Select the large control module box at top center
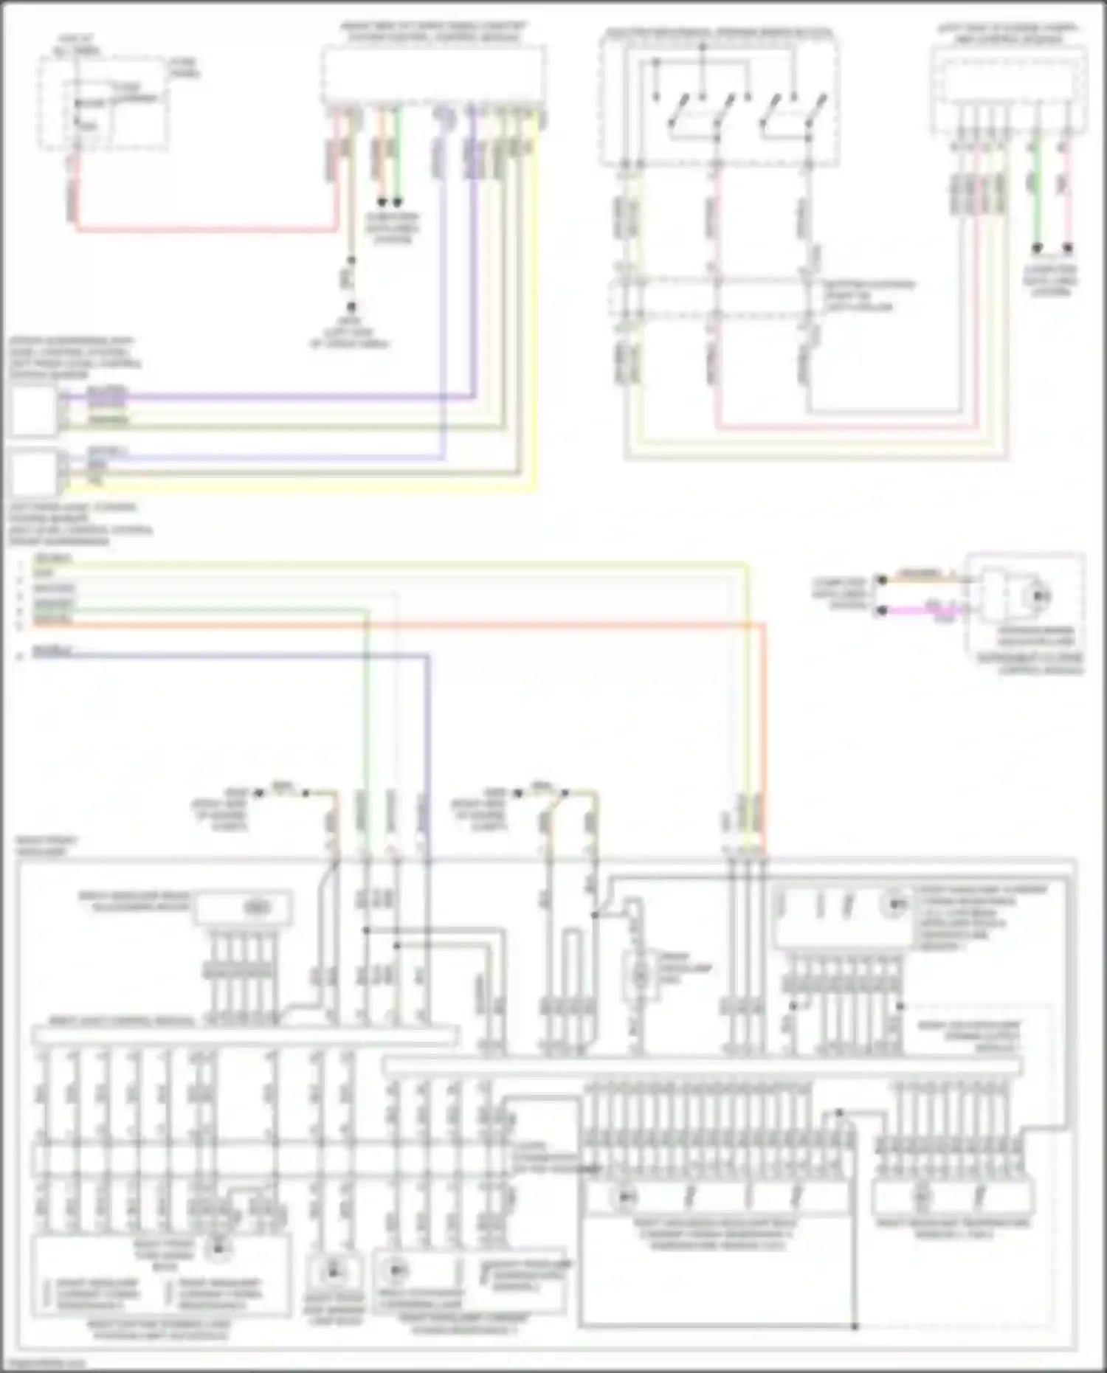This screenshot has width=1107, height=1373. pyautogui.click(x=434, y=74)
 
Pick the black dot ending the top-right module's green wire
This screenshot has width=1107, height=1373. pyautogui.click(x=1037, y=249)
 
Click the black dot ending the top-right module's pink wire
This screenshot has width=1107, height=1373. pyautogui.click(x=1067, y=249)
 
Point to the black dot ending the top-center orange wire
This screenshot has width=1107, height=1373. pyautogui.click(x=382, y=201)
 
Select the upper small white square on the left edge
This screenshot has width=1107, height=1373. pyautogui.click(x=33, y=410)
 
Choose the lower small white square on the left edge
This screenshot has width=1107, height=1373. pyautogui.click(x=33, y=473)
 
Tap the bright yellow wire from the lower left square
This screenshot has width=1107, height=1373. pyautogui.click(x=295, y=488)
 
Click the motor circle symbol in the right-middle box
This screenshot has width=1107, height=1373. pyautogui.click(x=1040, y=595)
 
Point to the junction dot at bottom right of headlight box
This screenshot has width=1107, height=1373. pyautogui.click(x=855, y=1327)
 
